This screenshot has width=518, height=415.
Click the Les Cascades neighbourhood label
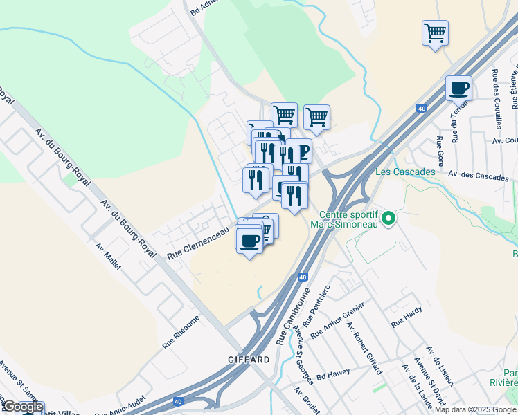point(405,172)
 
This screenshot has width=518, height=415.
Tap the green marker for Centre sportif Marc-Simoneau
point(389,219)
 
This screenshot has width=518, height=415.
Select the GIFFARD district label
point(249,360)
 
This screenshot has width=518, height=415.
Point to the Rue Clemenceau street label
point(198,245)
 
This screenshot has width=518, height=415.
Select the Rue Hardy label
point(407,317)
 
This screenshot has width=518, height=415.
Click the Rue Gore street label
point(439,146)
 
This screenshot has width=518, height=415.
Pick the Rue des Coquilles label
point(496,99)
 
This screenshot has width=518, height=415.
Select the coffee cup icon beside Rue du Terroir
point(458,89)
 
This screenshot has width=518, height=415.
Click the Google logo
point(22,407)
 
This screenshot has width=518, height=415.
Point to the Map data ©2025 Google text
point(475,409)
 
